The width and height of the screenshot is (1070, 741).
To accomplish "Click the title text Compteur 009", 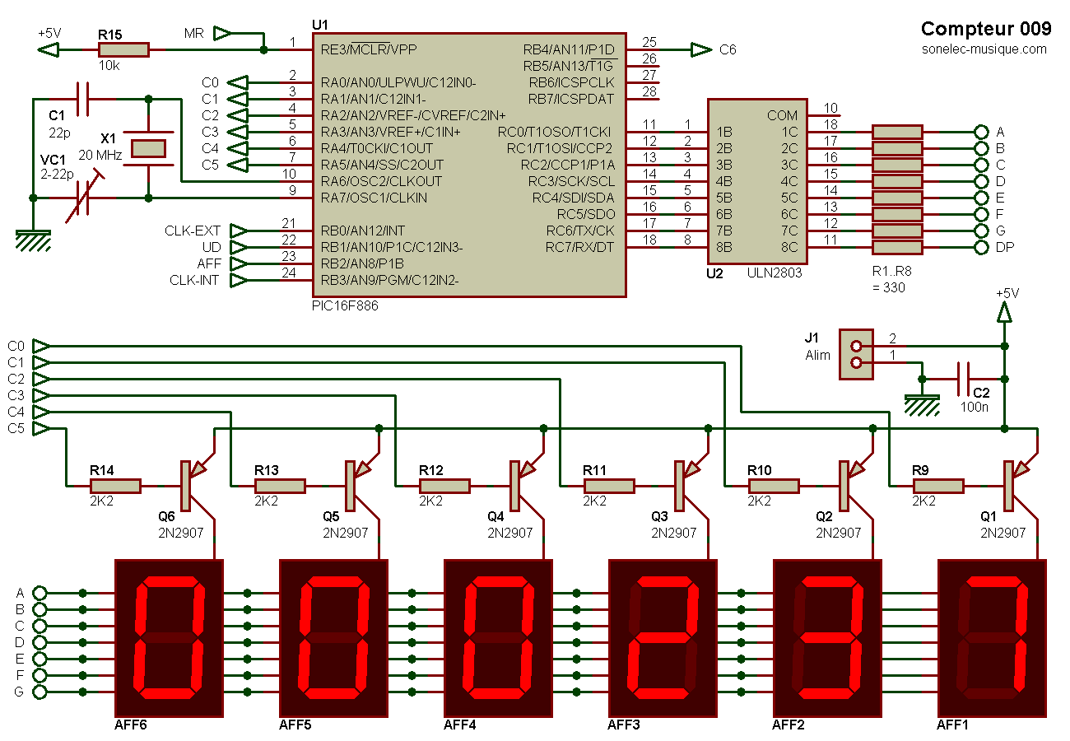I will click(985, 29).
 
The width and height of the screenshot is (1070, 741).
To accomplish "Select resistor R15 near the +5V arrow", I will click(123, 50).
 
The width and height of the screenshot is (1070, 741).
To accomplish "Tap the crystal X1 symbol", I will click(148, 148).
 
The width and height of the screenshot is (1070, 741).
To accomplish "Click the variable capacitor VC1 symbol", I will click(82, 198).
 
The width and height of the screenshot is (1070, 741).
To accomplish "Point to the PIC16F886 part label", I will click(341, 305).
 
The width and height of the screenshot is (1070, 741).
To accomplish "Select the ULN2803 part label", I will click(774, 273).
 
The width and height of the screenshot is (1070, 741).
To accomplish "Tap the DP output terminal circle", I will click(980, 247).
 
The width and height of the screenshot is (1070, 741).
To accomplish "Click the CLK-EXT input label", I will click(193, 231).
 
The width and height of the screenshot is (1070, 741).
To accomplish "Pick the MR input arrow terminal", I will click(222, 34).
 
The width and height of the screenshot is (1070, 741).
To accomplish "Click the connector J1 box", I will click(856, 354).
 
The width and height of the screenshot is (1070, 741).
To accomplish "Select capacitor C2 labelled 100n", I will click(964, 379).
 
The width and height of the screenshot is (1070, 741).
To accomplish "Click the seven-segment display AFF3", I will click(662, 638).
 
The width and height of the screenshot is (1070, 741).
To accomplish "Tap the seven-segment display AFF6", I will click(169, 638).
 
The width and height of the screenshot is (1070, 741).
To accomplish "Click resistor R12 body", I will click(444, 486).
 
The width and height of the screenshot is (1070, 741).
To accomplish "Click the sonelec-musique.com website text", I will click(984, 49).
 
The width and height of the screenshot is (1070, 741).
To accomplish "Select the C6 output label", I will click(728, 50).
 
